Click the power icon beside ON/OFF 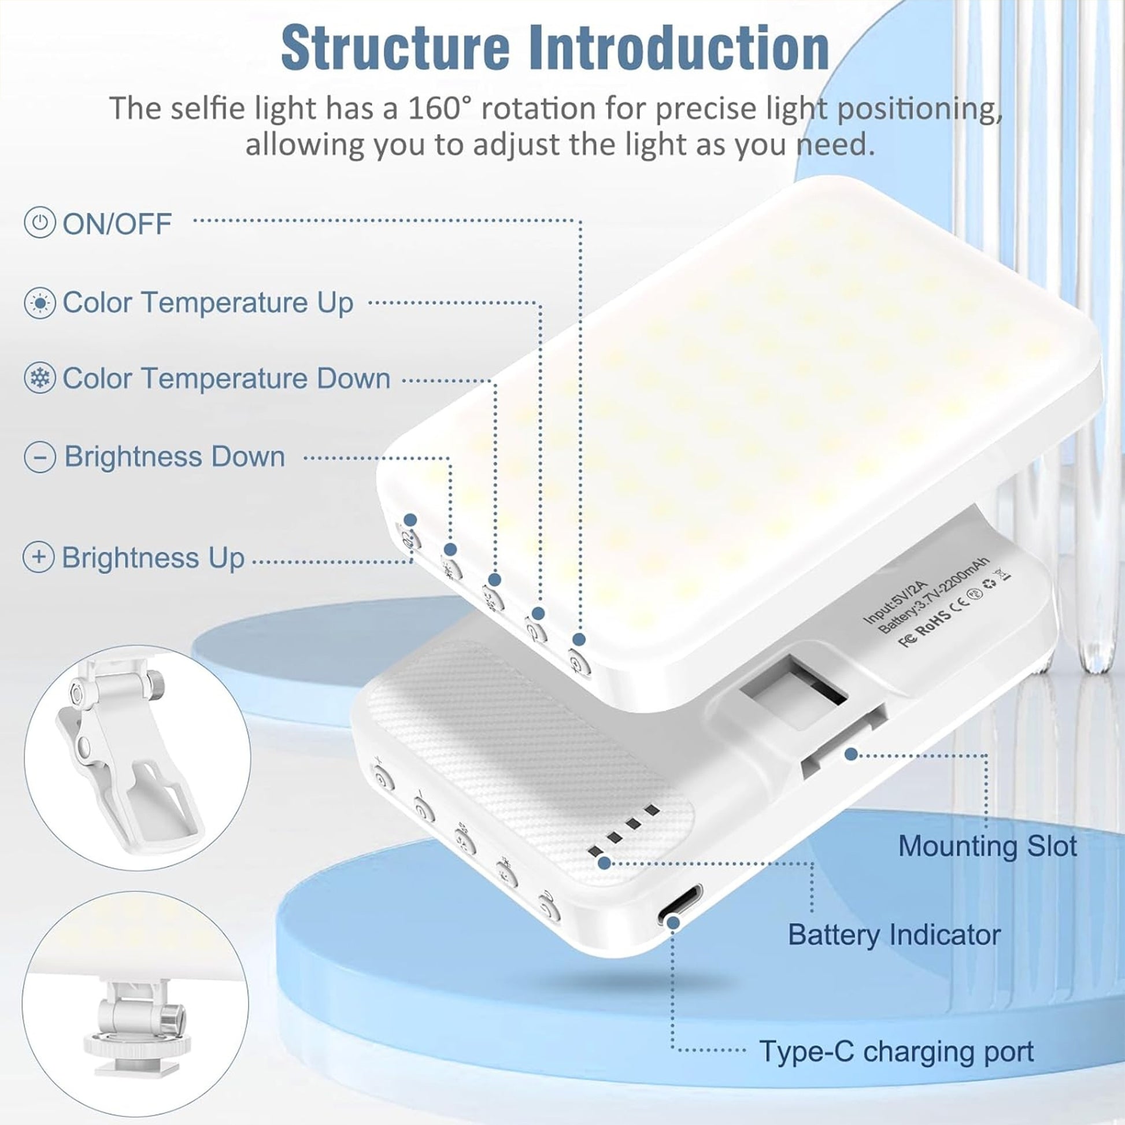[39, 223]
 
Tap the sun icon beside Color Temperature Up [39, 303]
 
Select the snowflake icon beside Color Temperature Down [39, 378]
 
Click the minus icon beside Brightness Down [39, 457]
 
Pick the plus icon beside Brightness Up [38, 557]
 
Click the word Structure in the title [396, 48]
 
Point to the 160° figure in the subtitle [436, 108]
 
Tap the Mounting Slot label [987, 846]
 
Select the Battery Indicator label [894, 935]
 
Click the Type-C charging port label [897, 1051]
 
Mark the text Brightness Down [175, 457]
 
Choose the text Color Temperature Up [208, 303]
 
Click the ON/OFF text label [117, 224]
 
